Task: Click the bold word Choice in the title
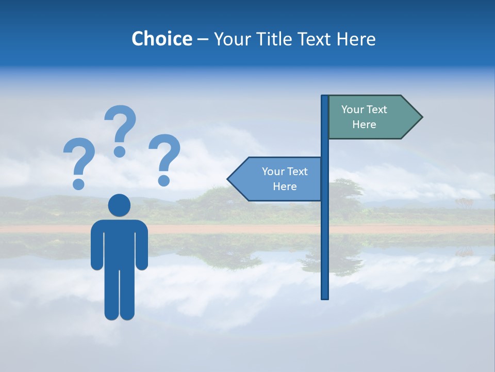tap(161, 39)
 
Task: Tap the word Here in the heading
tap(356, 39)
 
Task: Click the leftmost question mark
tap(79, 160)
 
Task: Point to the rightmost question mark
tap(164, 158)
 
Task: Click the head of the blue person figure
tap(119, 205)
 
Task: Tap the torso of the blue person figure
tap(119, 243)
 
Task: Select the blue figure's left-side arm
tap(96, 245)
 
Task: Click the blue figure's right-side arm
tap(142, 245)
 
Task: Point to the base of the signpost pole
tap(325, 296)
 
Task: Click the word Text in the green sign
tap(377, 110)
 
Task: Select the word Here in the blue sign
tap(285, 187)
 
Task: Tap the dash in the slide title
tap(203, 40)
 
